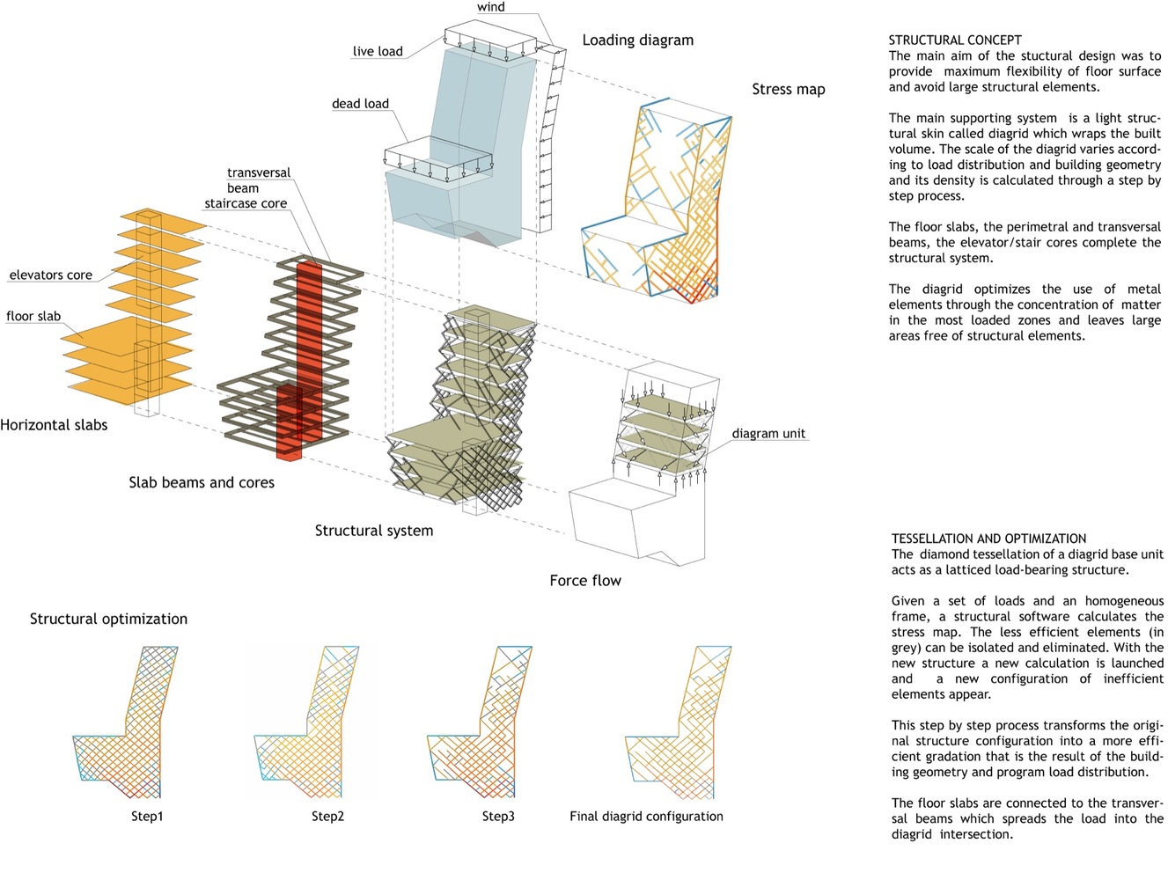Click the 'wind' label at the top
pos(491,7)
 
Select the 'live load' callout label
pos(378,51)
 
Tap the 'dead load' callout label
pos(360,103)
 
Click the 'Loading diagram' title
pos(637,40)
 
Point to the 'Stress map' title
pos(788,89)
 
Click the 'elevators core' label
pos(50,275)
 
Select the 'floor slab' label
pos(33,316)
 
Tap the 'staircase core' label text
pos(246,203)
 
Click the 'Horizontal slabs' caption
pos(54,425)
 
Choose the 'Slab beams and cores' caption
pos(202,482)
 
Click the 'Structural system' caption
pos(374,531)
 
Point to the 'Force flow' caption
pos(585,581)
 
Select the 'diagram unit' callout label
pos(768,433)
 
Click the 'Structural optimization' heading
pos(108,619)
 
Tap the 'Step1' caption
pos(147,817)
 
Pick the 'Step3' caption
pos(498,817)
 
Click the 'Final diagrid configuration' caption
pos(646,817)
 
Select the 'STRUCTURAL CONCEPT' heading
pos(955,40)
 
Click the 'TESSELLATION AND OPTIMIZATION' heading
pos(988,539)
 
